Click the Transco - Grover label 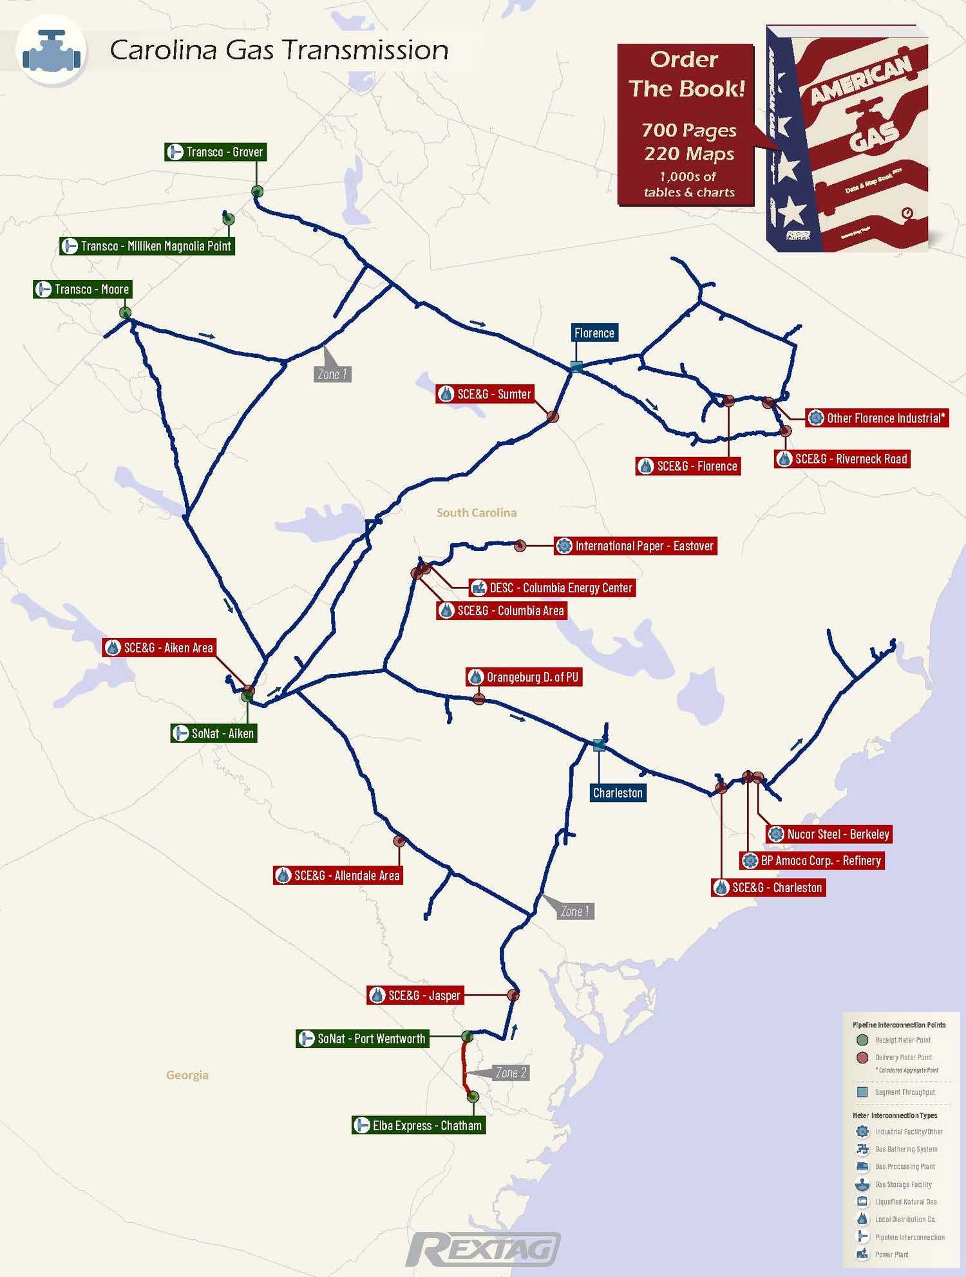click(215, 152)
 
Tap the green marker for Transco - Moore click(125, 313)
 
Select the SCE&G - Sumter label click(486, 394)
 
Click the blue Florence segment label click(594, 333)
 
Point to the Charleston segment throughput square click(599, 745)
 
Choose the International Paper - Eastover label click(636, 546)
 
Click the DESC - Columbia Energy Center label click(552, 588)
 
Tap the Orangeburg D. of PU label click(524, 677)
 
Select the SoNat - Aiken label click(214, 733)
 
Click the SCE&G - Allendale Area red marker click(399, 841)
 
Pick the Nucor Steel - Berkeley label click(829, 834)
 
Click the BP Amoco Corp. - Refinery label click(812, 861)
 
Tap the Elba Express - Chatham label click(419, 1125)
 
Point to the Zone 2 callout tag click(511, 1072)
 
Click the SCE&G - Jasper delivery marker click(513, 995)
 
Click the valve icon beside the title click(52, 50)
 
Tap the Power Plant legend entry click(891, 1254)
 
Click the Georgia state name click(187, 1075)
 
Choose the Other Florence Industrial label click(877, 418)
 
